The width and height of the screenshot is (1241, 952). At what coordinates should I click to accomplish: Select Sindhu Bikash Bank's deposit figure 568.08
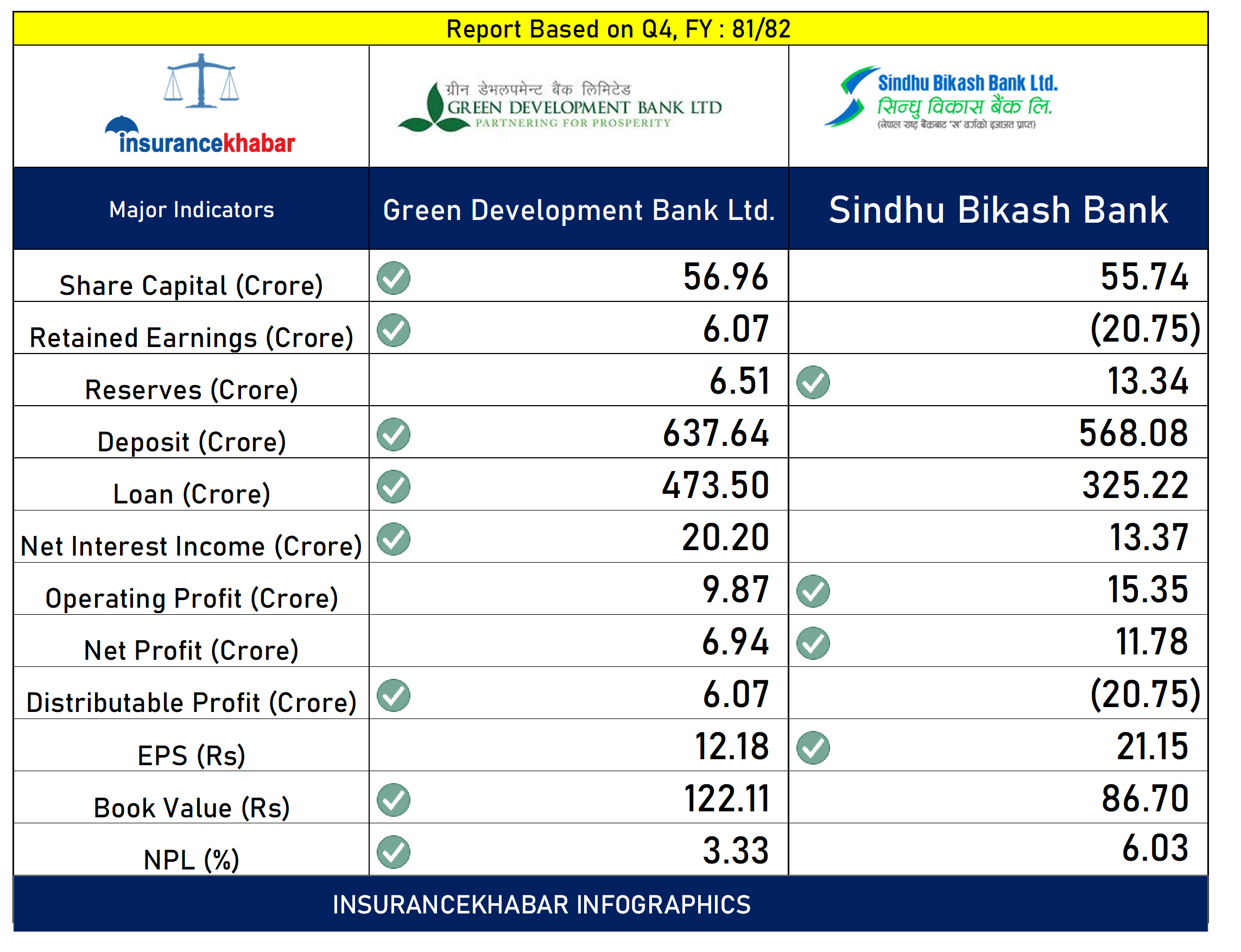point(1133,433)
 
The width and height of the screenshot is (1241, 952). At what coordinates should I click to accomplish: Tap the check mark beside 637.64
point(394,434)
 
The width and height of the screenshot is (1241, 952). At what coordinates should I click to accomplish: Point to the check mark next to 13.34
point(813,382)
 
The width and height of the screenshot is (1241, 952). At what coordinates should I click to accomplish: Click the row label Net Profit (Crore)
point(191,651)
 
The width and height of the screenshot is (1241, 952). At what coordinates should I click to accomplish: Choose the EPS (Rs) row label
point(191,755)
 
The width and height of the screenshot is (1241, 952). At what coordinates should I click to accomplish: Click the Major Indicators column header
point(191,210)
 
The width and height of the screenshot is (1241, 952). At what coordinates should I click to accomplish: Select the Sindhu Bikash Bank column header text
point(998,210)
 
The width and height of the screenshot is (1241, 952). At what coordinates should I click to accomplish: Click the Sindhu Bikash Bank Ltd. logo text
point(967,83)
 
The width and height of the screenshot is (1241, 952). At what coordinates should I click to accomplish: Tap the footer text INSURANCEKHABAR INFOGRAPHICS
point(541,904)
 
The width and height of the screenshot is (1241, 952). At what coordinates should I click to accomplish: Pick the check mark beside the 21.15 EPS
point(813,748)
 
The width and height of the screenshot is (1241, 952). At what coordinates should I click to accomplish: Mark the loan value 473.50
point(716,486)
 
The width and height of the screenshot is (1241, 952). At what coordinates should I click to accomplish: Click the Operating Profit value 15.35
point(1147,590)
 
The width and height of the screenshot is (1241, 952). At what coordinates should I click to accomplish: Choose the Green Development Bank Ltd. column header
point(578,210)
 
